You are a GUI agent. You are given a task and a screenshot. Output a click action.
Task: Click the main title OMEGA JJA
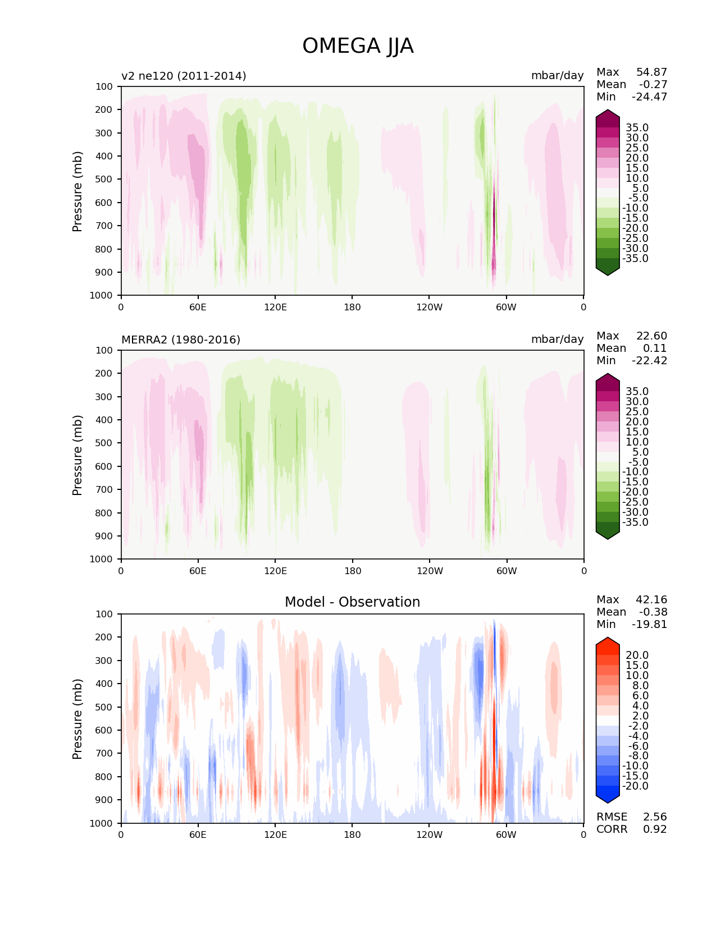[358, 46]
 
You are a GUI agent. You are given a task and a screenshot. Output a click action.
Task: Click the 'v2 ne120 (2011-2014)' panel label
[184, 76]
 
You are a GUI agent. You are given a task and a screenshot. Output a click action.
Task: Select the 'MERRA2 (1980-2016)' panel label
[181, 340]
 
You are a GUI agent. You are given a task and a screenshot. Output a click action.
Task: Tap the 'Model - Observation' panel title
[352, 602]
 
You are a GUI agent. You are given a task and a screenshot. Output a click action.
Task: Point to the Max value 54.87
[651, 72]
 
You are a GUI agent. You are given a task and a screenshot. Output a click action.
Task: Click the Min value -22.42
[650, 360]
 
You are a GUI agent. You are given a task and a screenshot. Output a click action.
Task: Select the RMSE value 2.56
[655, 817]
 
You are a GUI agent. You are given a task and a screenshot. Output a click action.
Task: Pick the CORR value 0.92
[655, 829]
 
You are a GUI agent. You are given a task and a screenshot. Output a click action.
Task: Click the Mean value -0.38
[653, 612]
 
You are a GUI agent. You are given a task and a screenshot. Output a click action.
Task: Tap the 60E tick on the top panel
[198, 307]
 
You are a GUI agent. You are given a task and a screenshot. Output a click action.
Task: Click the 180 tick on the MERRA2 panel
[352, 571]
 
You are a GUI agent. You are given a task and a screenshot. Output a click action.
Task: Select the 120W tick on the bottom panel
[430, 835]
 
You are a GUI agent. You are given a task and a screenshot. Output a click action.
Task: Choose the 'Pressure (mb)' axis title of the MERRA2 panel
[77, 455]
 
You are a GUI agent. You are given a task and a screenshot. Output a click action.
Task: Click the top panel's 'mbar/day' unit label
[557, 76]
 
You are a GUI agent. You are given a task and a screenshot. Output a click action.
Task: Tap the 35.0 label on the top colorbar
[637, 128]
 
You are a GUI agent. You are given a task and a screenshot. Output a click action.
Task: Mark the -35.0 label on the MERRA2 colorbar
[635, 522]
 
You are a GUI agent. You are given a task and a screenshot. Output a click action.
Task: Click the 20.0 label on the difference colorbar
[637, 655]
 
